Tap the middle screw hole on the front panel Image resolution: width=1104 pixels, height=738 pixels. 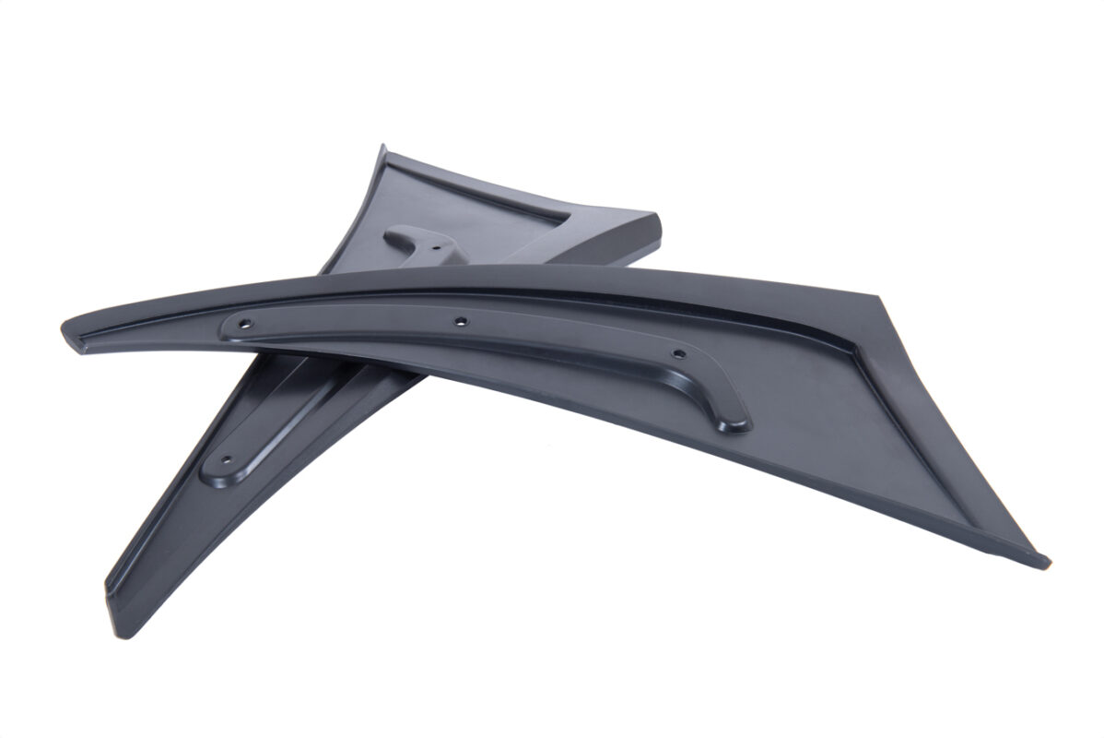[x=461, y=321]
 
